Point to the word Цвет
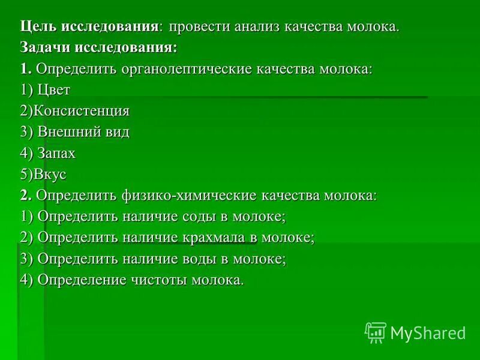54,90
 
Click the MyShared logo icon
376,332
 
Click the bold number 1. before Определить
25,69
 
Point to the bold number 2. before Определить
25,196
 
